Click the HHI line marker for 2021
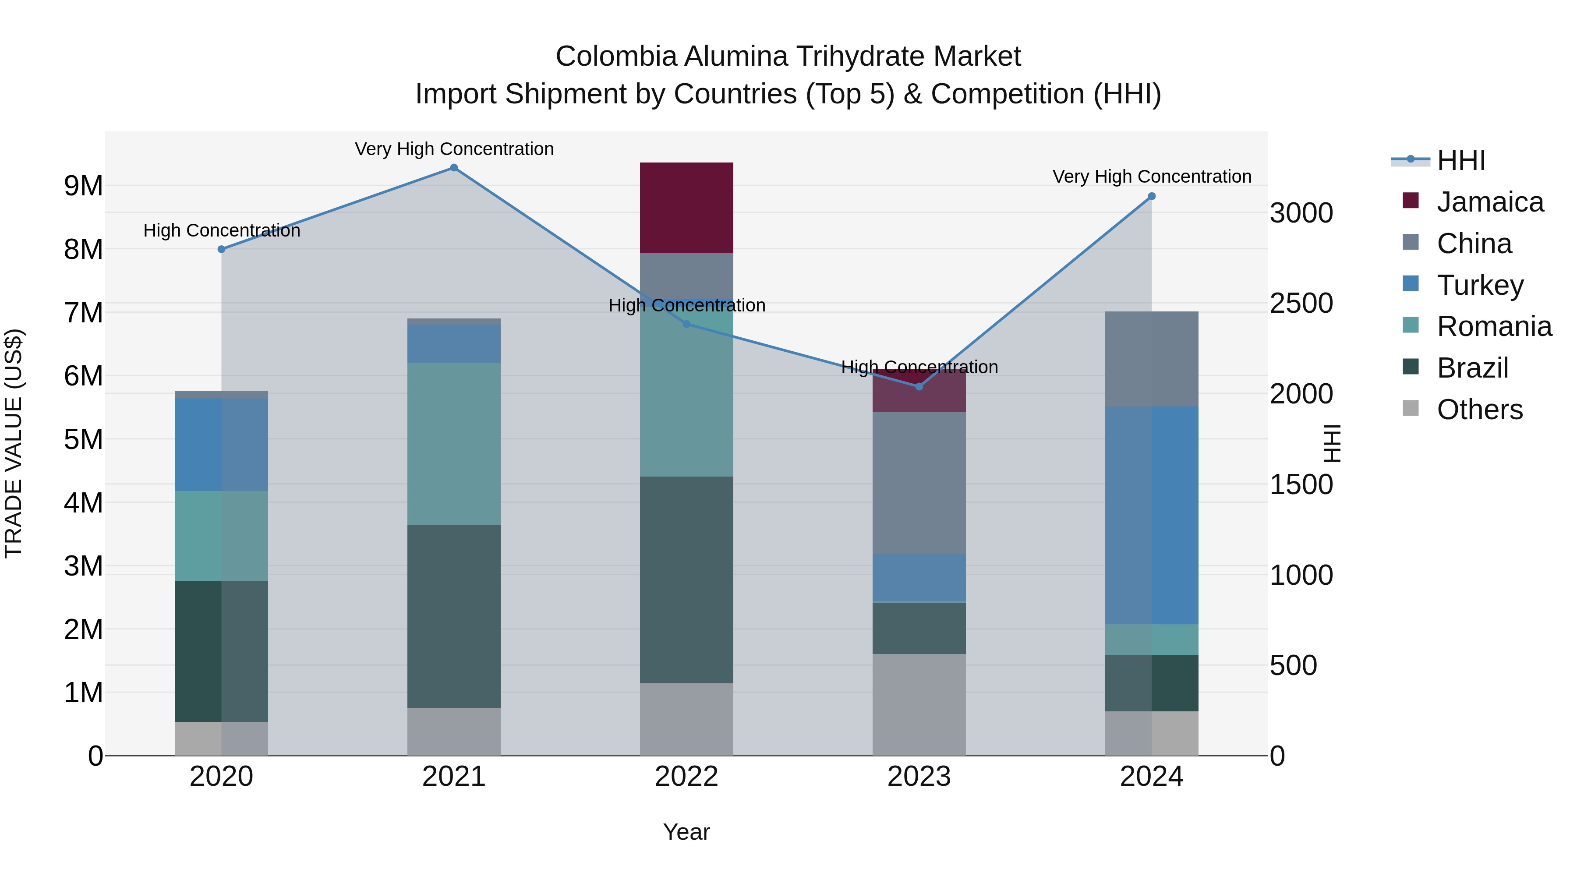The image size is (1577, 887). (454, 168)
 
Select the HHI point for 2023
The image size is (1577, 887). (919, 387)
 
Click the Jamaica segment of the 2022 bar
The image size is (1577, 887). (686, 208)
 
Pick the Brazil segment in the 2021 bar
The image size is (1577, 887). (454, 616)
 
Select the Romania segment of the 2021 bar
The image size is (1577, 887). (454, 444)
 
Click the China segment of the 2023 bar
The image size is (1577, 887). (919, 483)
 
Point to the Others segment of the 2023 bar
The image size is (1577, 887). (919, 705)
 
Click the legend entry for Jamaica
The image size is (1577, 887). (1490, 202)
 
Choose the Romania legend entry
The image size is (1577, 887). (1494, 326)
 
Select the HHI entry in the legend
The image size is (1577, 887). (1460, 160)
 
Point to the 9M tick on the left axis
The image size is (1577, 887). (84, 185)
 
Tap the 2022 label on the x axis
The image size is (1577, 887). (686, 777)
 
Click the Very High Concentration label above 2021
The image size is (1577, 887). (454, 149)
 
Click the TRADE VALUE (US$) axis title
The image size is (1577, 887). (14, 443)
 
